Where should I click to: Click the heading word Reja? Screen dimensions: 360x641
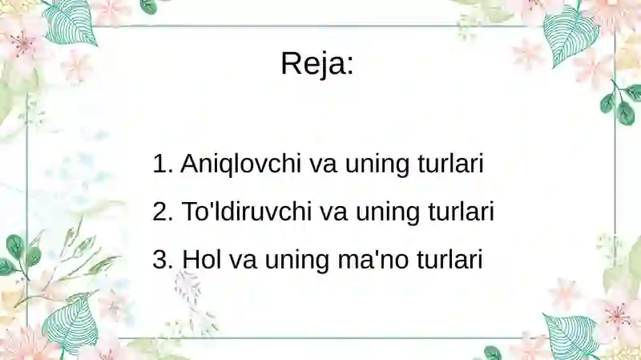pyautogui.click(x=317, y=63)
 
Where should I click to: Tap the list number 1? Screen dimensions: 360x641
pyautogui.click(x=161, y=164)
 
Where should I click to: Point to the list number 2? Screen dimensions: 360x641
pyautogui.click(x=161, y=212)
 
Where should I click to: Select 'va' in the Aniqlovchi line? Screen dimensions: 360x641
pyautogui.click(x=323, y=166)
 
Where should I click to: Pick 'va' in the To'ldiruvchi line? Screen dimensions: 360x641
pyautogui.click(x=333, y=214)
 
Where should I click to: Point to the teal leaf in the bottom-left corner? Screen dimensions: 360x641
pyautogui.click(x=71, y=325)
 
